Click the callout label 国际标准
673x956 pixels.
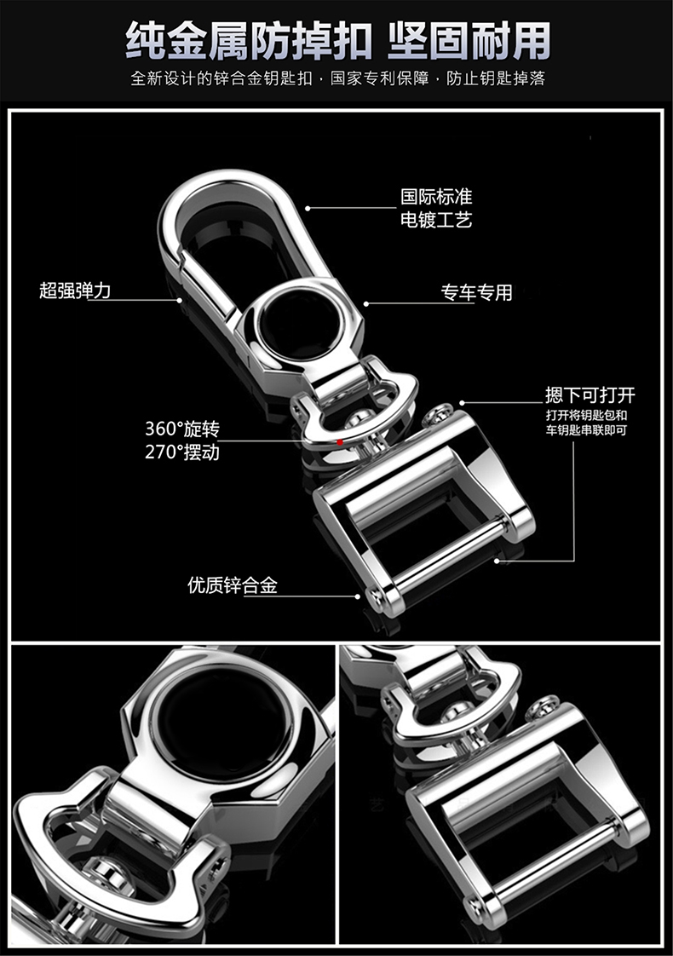(x=436, y=197)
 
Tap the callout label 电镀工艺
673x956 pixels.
(x=436, y=220)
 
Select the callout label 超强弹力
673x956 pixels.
(x=75, y=291)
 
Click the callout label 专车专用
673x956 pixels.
(x=476, y=293)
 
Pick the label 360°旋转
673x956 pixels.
(x=181, y=429)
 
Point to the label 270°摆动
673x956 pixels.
(x=181, y=452)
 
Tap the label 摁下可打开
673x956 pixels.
(x=590, y=394)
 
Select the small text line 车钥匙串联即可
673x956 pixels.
(x=586, y=430)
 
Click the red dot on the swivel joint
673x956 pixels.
(x=339, y=441)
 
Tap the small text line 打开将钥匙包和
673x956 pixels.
(x=586, y=415)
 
